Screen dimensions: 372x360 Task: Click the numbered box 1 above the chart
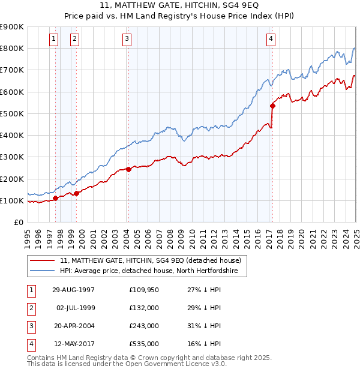pyautogui.click(x=54, y=39)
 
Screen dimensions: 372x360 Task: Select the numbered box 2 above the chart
pyautogui.click(x=74, y=39)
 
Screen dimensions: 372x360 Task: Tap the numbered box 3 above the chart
pyautogui.click(x=127, y=39)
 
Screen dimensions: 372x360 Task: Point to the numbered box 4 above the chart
pyautogui.click(x=271, y=39)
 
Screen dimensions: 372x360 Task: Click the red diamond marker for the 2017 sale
pyautogui.click(x=272, y=106)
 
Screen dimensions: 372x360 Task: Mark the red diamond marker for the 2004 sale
pyautogui.click(x=128, y=169)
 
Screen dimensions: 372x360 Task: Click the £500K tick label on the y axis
pyautogui.click(x=12, y=113)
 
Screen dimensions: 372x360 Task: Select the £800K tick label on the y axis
pyautogui.click(x=12, y=48)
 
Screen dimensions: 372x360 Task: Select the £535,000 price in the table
pyautogui.click(x=144, y=344)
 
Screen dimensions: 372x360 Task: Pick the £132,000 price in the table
pyautogui.click(x=144, y=308)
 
